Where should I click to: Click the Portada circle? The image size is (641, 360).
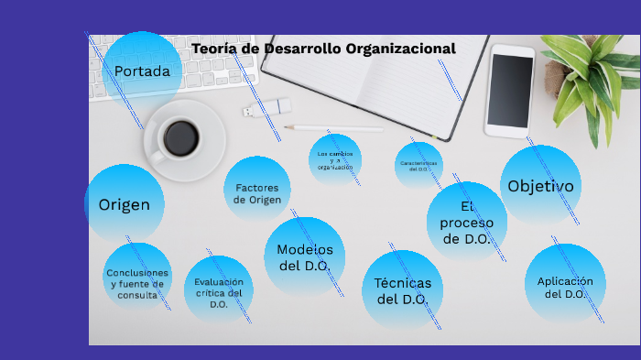tap(142, 71)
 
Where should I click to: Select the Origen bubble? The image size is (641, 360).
tap(124, 204)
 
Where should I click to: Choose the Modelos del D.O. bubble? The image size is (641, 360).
tap(305, 257)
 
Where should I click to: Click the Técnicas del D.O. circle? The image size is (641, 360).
tap(403, 289)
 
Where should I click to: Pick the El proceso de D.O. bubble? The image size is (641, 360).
tap(467, 223)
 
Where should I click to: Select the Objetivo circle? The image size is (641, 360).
tap(540, 186)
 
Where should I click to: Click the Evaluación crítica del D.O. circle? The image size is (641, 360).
tap(219, 289)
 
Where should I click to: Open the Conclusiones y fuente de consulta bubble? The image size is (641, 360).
tap(137, 278)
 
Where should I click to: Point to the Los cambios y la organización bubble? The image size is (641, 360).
tap(335, 159)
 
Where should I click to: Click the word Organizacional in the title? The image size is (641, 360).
tap(400, 48)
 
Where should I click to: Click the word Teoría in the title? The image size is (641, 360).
tap(215, 48)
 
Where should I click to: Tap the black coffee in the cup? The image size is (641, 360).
tap(180, 137)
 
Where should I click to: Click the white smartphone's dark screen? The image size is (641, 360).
tap(511, 91)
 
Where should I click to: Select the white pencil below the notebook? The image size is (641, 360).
tap(333, 128)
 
